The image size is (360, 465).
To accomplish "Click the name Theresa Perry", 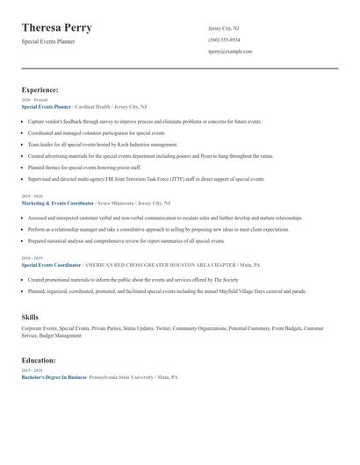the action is pyautogui.click(x=57, y=28).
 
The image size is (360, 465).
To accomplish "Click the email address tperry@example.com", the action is pyautogui.click(x=230, y=52).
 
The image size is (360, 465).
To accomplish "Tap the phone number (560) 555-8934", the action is pyautogui.click(x=224, y=40).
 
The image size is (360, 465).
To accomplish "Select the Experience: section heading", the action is pyautogui.click(x=40, y=89).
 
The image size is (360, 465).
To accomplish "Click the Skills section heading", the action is pyautogui.click(x=30, y=316).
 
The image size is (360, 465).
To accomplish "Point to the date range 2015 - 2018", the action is pyautogui.click(x=31, y=370).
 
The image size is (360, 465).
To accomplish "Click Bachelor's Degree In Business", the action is pyautogui.click(x=54, y=376).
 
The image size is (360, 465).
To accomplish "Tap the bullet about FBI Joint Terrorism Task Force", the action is pyautogui.click(x=147, y=178).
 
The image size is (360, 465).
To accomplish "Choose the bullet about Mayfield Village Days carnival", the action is pyautogui.click(x=167, y=290).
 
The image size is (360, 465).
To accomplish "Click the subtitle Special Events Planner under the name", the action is pyautogui.click(x=48, y=41).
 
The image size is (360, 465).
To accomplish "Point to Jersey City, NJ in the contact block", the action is pyautogui.click(x=223, y=28).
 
